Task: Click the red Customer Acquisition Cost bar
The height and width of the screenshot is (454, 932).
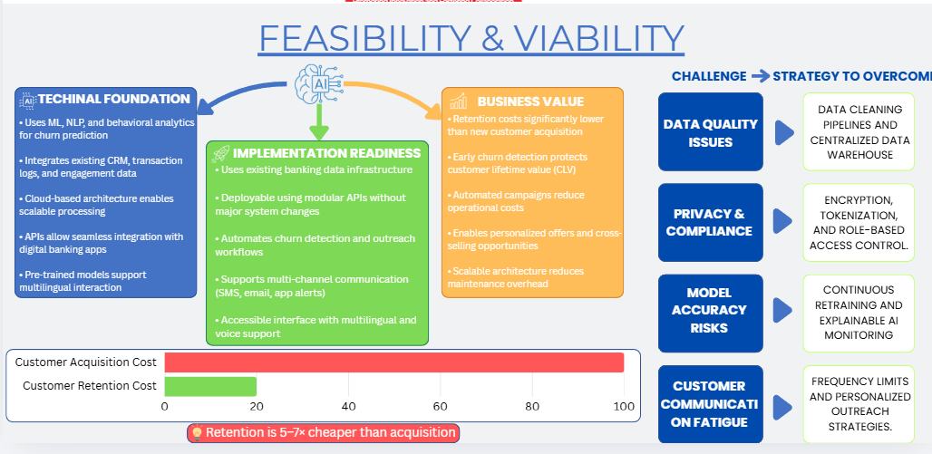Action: point(393,362)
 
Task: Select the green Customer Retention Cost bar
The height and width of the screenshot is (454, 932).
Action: point(210,386)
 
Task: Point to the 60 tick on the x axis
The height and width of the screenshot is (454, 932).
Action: point(441,405)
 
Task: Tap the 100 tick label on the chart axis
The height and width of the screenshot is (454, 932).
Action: point(624,405)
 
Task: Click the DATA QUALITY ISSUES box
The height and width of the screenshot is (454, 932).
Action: point(711,132)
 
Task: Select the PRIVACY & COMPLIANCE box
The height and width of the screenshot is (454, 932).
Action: point(711,222)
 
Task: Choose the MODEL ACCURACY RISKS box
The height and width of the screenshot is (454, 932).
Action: point(711,310)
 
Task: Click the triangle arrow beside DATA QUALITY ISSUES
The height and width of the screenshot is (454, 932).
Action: point(784,133)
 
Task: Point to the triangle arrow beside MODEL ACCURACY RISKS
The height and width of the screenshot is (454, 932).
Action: point(784,311)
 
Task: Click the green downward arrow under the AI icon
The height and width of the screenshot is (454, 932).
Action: point(317,120)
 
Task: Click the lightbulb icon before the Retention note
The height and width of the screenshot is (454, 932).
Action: point(196,433)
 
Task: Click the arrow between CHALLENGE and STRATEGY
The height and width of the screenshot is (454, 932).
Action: point(760,76)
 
